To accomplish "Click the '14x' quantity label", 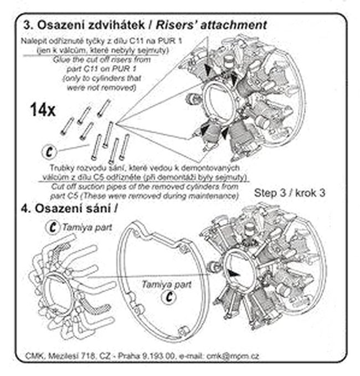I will (42, 110).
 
